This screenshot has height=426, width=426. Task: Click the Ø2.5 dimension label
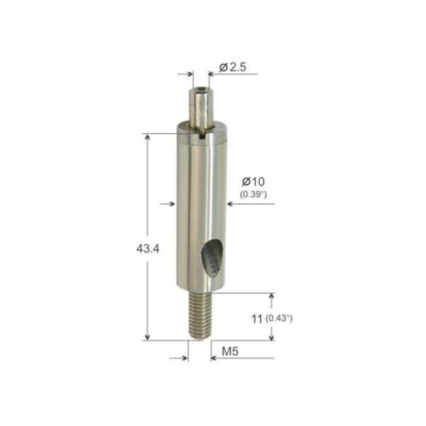[x=233, y=67]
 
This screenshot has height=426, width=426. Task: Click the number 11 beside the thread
[x=257, y=319]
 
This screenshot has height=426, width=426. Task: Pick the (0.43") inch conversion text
[x=279, y=319]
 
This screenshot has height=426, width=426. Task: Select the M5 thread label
[x=231, y=351]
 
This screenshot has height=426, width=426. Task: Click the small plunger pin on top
[x=201, y=105]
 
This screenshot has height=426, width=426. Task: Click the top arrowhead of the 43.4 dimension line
[x=148, y=139]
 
